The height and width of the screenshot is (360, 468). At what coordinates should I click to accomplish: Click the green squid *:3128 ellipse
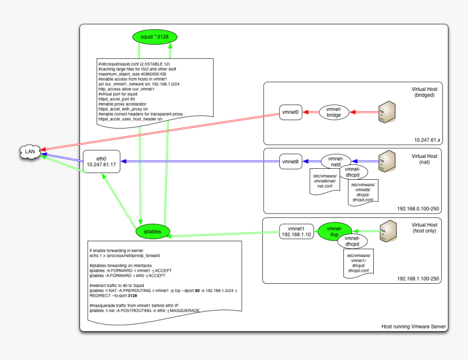[155, 37]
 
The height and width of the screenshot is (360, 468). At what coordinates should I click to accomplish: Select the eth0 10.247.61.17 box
[101, 162]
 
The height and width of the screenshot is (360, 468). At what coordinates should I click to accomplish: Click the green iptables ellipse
[152, 231]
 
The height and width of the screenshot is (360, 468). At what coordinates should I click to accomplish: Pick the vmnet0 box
[291, 112]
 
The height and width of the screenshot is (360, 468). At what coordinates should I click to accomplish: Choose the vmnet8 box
[291, 161]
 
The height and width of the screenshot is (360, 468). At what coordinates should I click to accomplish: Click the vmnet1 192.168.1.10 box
[295, 231]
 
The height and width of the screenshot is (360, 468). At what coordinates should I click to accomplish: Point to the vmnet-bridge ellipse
[334, 112]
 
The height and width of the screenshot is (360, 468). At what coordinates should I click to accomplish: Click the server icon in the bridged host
[386, 111]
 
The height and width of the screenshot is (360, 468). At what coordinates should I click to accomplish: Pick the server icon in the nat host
[386, 161]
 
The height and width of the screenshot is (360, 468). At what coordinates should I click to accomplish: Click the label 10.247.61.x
[427, 140]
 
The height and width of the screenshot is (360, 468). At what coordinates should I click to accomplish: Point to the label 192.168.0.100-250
[419, 209]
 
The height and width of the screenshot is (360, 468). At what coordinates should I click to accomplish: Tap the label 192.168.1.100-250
[419, 279]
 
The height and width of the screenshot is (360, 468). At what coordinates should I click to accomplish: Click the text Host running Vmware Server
[414, 327]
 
